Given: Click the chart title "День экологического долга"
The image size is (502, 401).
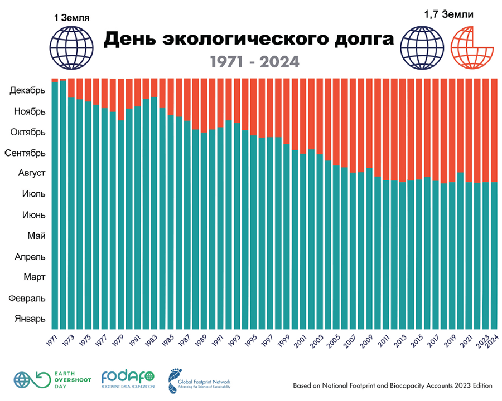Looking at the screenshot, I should point(249,40).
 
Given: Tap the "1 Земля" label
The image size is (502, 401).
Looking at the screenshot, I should point(70,17).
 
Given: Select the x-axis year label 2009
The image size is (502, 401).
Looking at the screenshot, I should point(369,339).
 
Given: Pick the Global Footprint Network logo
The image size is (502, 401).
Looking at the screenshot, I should point(200,380).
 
